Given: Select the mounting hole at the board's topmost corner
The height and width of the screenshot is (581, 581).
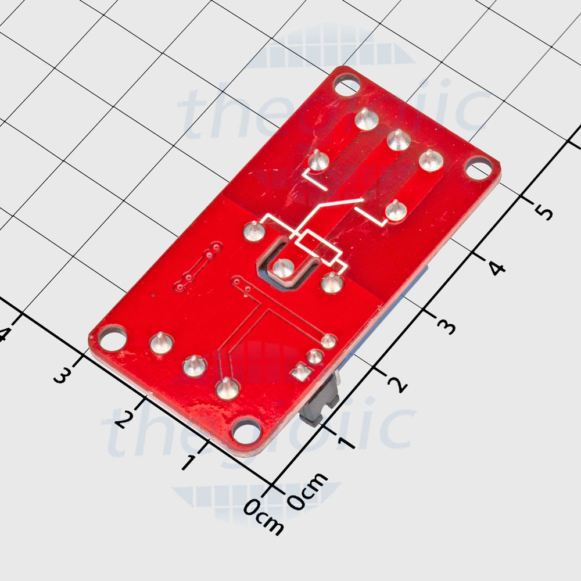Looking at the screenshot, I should click(347, 87).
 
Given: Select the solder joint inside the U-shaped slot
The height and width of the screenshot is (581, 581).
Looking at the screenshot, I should click(283, 268).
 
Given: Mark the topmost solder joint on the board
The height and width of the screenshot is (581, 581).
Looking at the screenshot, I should click(364, 119).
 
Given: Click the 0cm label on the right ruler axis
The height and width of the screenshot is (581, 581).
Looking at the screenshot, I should click(307, 491).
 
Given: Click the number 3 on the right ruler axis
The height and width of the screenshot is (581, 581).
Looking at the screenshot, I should click(446, 327).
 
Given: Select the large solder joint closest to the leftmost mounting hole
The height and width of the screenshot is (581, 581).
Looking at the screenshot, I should click(160, 343).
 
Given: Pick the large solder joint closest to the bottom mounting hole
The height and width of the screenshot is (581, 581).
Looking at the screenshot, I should click(226, 388).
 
